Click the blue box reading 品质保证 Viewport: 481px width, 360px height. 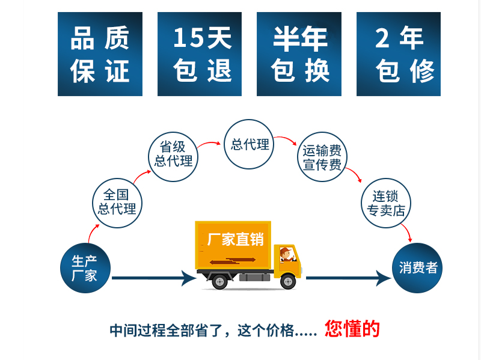(x=100, y=54)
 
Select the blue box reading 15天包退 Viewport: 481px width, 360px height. (x=200, y=54)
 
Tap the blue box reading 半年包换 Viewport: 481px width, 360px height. (x=299, y=54)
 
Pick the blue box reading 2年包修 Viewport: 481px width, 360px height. (x=399, y=54)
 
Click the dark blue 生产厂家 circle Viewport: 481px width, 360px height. (x=85, y=268)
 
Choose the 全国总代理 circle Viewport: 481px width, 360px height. (x=117, y=203)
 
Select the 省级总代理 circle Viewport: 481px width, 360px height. (x=173, y=156)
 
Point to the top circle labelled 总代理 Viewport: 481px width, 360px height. (x=249, y=144)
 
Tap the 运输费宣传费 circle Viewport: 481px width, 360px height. (x=322, y=157)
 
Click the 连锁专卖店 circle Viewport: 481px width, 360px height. (x=386, y=203)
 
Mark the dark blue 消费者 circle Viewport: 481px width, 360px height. (x=417, y=267)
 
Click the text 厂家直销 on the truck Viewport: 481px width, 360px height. (x=236, y=239)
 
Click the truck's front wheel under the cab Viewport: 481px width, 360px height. (x=288, y=281)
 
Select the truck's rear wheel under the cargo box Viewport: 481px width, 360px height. (x=219, y=281)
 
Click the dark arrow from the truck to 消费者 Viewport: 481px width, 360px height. (x=349, y=278)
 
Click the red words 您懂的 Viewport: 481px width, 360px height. (x=352, y=329)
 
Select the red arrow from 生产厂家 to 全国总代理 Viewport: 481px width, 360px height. (x=91, y=233)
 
